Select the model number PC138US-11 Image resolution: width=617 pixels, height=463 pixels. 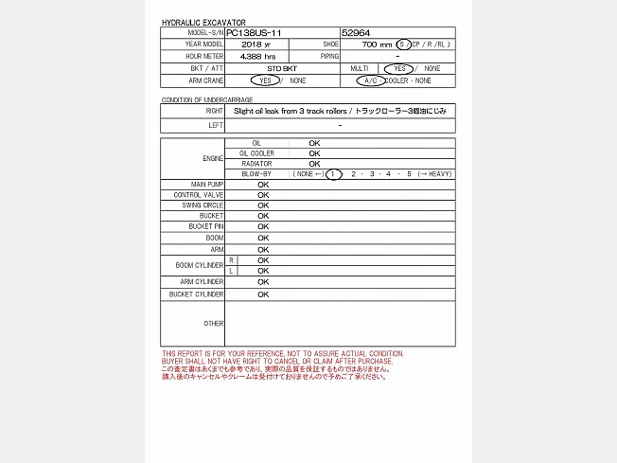255,32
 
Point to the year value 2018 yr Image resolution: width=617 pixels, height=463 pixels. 256,45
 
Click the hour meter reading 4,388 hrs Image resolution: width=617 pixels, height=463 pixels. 257,57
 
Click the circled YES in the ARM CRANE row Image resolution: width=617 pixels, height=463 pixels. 265,81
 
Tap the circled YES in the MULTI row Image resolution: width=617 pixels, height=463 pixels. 400,69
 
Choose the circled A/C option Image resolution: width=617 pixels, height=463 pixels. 370,81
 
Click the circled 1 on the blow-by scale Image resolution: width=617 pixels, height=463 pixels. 332,174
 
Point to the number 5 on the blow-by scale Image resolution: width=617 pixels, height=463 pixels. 410,174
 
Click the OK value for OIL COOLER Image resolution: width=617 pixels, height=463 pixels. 314,153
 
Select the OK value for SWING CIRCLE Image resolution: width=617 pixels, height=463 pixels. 263,205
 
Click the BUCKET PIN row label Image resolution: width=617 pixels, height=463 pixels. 206,227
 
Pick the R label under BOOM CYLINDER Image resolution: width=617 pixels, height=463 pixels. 231,260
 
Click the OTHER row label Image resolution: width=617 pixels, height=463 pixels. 214,324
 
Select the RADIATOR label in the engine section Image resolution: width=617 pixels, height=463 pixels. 256,164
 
